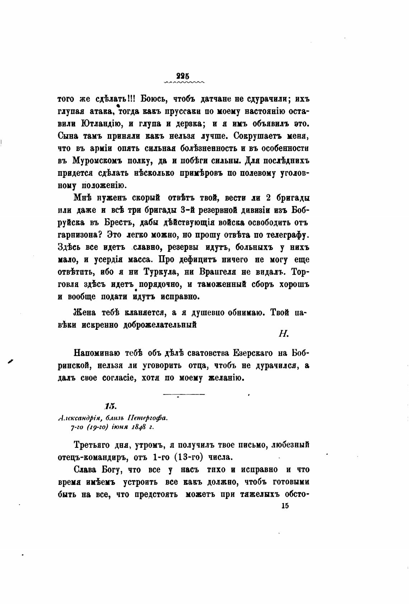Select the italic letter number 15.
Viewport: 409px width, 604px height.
109,406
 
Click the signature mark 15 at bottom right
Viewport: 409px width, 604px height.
286,506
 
